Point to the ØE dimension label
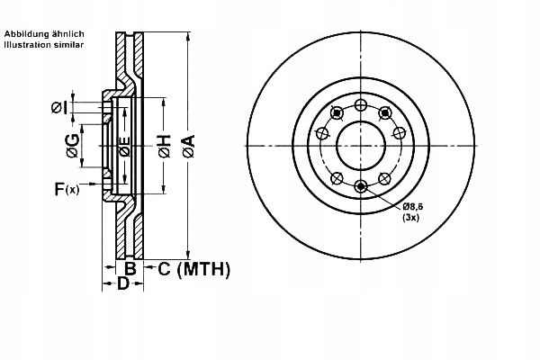pyautogui.click(x=125, y=146)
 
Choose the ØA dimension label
pyautogui.click(x=187, y=143)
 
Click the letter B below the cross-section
pyautogui.click(x=130, y=269)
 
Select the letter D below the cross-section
pyautogui.click(x=122, y=284)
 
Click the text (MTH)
pyautogui.click(x=203, y=269)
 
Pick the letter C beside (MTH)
pyautogui.click(x=165, y=269)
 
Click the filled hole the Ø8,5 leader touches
pyautogui.click(x=361, y=186)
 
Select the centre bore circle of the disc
pyautogui.click(x=361, y=144)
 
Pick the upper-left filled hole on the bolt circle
pyautogui.click(x=337, y=112)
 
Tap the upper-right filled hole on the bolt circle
pyautogui.click(x=385, y=112)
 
